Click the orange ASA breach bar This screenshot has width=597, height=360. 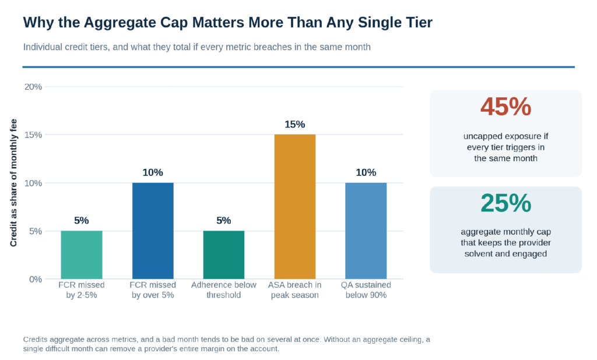pos(294,207)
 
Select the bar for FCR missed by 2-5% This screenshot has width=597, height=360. pos(82,255)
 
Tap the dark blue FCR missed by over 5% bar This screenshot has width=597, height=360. pos(153,231)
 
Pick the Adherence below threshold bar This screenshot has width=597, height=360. pos(224,255)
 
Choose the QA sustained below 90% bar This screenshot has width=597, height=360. pos(366,231)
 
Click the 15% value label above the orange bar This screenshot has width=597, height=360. pos(294,125)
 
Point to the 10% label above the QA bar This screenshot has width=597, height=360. pos(366,172)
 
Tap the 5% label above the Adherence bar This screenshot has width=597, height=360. pos(224,220)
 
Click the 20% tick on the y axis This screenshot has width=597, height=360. pos(33,87)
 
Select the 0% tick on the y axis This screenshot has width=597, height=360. pos(36,280)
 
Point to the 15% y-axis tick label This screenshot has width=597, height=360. pos(33,135)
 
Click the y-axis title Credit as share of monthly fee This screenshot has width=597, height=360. pos(13,183)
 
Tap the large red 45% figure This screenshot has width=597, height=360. pos(505,107)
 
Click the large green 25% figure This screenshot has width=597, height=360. pos(505,203)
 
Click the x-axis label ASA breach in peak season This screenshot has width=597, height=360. pos(294,290)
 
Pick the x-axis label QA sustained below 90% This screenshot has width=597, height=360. pos(366,290)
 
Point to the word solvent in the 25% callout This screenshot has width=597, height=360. pos(478,253)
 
